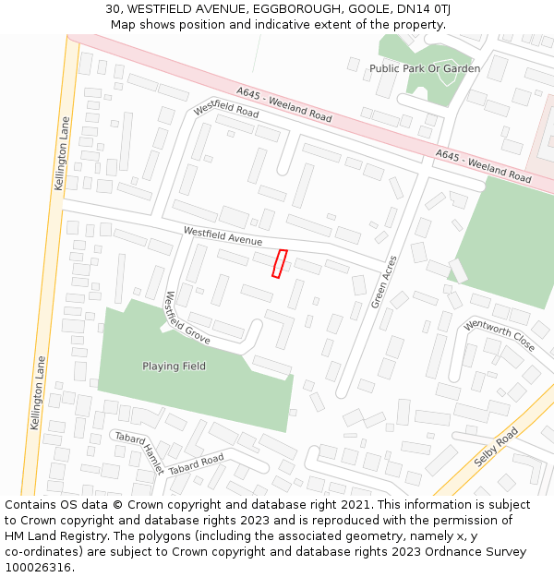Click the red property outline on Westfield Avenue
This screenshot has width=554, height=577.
tap(279, 263)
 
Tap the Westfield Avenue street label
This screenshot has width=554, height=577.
tap(223, 236)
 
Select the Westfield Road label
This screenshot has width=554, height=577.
tap(226, 109)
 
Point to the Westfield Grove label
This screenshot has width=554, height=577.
tap(187, 319)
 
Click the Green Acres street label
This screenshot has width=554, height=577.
tap(383, 282)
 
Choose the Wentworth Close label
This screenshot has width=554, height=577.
tap(499, 336)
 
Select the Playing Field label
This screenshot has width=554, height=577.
tap(174, 367)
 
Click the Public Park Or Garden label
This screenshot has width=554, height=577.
tap(425, 68)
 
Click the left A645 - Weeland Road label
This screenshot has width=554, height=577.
tap(283, 105)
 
